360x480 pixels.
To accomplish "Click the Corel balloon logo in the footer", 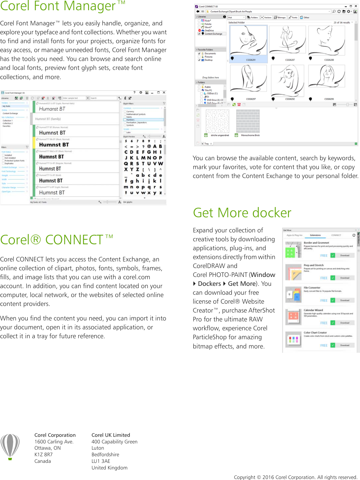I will [10, 446].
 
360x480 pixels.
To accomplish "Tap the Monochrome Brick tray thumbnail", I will [248, 121].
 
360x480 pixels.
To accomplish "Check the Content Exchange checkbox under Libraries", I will [199, 34].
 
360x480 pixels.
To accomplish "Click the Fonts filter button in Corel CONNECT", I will [293, 17].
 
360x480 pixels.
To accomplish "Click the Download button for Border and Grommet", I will [345, 255].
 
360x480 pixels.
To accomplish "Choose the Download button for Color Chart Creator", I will [345, 345].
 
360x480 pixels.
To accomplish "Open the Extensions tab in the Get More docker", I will [315, 235].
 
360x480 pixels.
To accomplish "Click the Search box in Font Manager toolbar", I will [103, 98].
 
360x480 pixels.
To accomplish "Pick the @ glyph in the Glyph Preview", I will [149, 146].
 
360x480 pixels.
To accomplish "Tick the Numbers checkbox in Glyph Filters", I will [125, 120].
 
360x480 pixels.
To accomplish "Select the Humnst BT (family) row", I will [76, 119].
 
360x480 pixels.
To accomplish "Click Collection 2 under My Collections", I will [8, 123].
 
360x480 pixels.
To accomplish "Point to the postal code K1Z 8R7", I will [44, 455].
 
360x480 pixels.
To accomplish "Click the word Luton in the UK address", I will [98, 448].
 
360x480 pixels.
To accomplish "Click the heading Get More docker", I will [242, 213].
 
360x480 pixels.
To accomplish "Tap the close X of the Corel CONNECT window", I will [355, 6].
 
